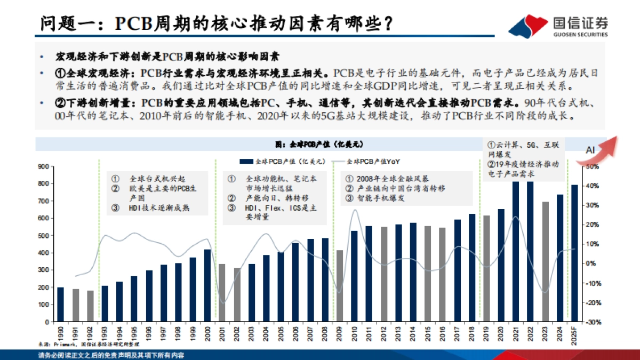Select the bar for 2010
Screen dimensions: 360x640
[x=354, y=276]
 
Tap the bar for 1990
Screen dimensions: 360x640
[x=61, y=305]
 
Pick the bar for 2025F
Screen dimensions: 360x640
[x=574, y=253]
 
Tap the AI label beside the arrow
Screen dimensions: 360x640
[x=590, y=151]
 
